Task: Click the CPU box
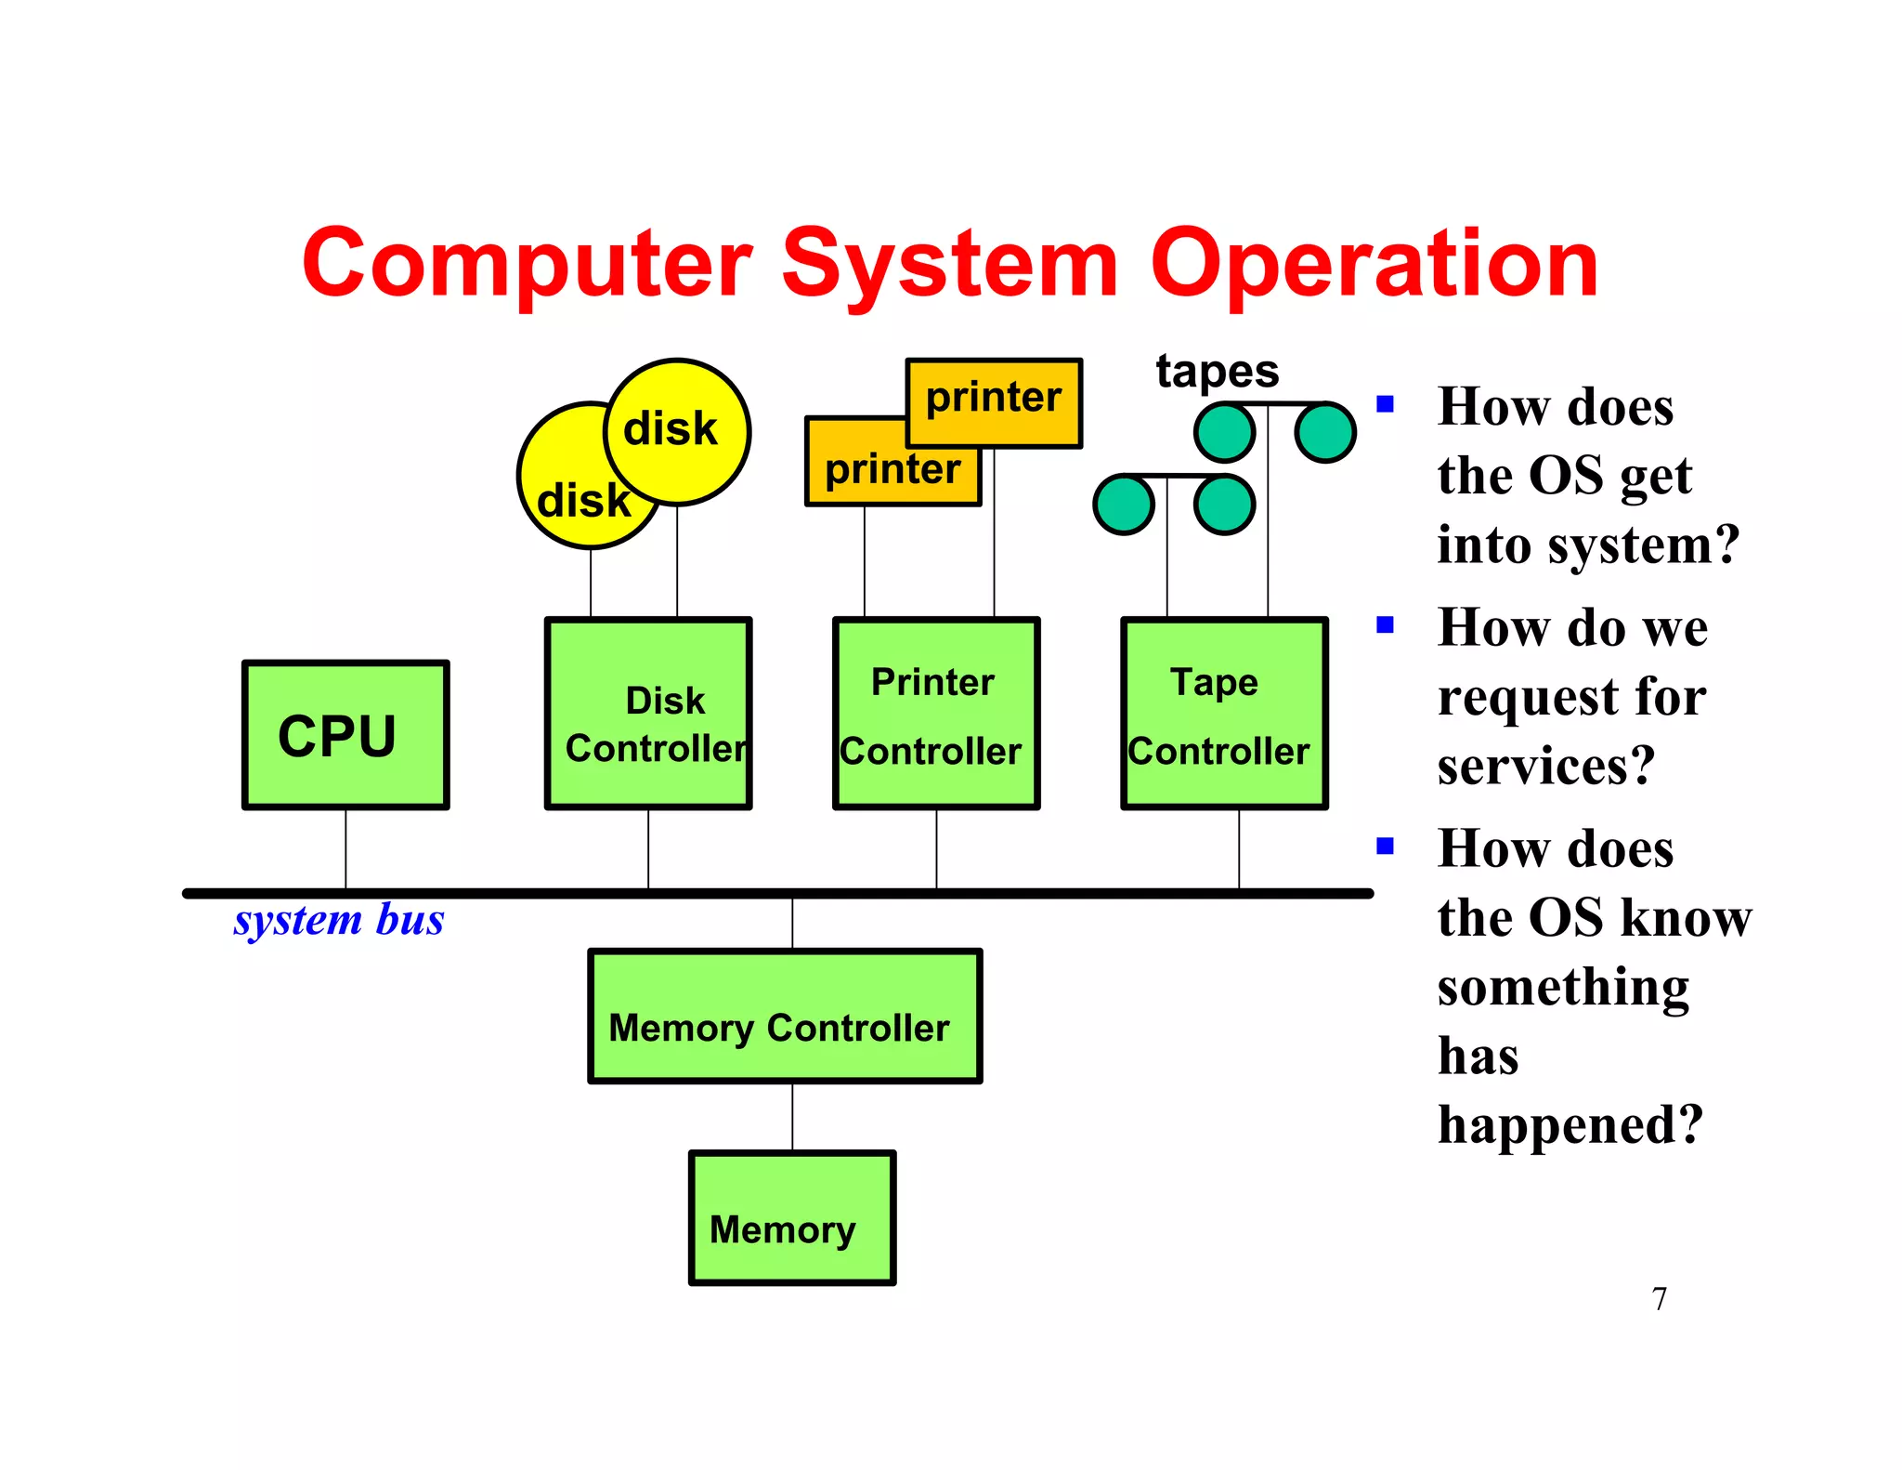[345, 735]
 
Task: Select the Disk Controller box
[648, 714]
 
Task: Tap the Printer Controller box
[936, 714]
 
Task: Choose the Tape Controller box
[1224, 714]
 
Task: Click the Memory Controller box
[785, 1017]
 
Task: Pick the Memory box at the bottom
[792, 1218]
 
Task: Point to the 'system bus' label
[339, 920]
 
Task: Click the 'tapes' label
[1217, 371]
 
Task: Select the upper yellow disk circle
[677, 431]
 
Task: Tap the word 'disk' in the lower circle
[583, 501]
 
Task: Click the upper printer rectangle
[994, 402]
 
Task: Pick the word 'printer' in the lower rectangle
[892, 469]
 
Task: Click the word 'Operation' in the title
[1374, 265]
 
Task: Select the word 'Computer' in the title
[527, 265]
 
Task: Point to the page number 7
[1660, 1298]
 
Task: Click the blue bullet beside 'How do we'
[1386, 625]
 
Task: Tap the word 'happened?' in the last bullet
[1570, 1125]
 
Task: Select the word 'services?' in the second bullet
[1546, 766]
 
